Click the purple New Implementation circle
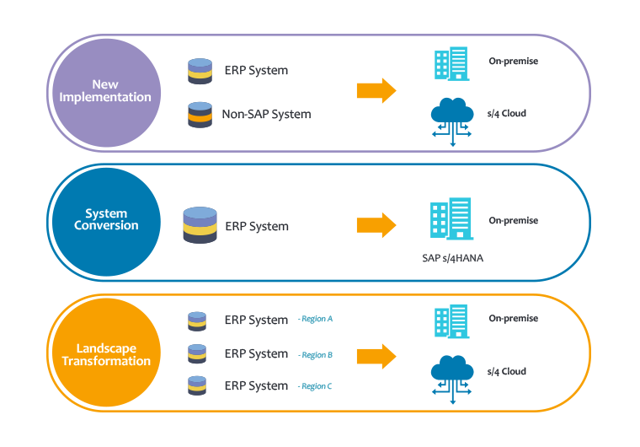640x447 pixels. click(x=107, y=93)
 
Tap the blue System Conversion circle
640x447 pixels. click(x=107, y=222)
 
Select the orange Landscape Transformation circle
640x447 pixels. click(x=107, y=353)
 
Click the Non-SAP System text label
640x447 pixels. click(x=267, y=114)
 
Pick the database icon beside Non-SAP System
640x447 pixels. click(x=200, y=115)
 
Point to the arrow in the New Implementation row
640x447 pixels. click(x=376, y=90)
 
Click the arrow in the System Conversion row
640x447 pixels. click(x=376, y=225)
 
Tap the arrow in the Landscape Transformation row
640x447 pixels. click(x=376, y=356)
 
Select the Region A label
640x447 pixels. click(x=316, y=319)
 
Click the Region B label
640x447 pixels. click(x=316, y=355)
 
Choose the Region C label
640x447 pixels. click(x=315, y=386)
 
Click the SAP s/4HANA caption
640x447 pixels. click(x=453, y=258)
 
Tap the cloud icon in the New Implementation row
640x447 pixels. click(x=452, y=121)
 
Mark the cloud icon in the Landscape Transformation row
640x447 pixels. click(x=452, y=380)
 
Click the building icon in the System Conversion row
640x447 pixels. click(x=451, y=218)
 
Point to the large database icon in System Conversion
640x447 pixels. click(x=200, y=225)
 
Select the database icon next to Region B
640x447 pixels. click(x=197, y=353)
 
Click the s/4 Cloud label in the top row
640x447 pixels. click(x=507, y=113)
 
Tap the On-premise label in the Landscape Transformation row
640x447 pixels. click(x=514, y=318)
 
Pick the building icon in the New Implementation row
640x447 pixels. click(x=452, y=63)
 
